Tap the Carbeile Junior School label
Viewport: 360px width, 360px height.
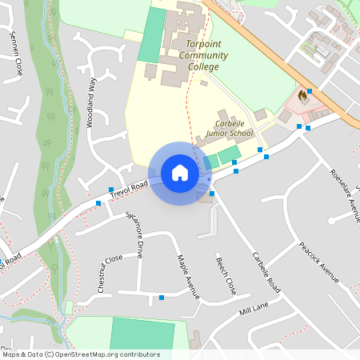coord(229,129)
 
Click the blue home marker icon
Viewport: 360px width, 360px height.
coord(179,173)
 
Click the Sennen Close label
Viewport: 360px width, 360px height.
coord(15,55)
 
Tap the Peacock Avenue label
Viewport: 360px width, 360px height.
coord(320,262)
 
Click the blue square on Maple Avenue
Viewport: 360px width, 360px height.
coord(162,298)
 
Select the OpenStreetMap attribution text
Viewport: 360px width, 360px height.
coord(80,354)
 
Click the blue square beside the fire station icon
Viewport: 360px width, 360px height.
coord(310,91)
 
